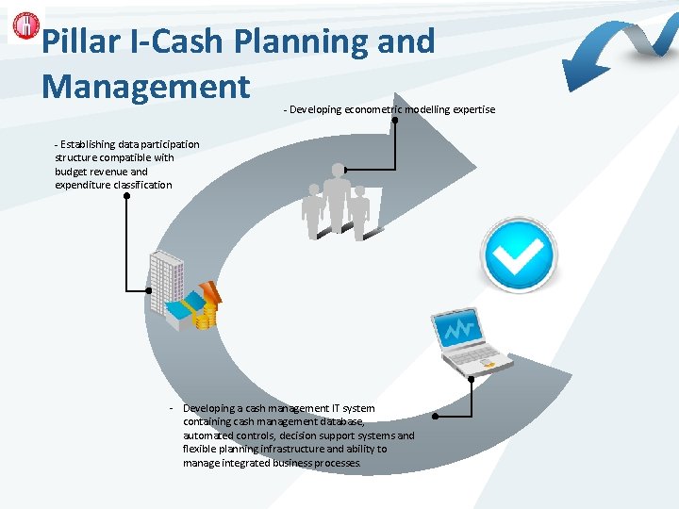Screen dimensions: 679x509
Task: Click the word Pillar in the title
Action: (x=80, y=41)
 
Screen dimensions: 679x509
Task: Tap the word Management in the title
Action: (x=146, y=86)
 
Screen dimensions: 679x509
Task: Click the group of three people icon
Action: (x=337, y=202)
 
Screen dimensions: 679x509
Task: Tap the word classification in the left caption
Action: (x=141, y=185)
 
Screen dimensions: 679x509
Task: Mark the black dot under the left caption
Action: (x=126, y=197)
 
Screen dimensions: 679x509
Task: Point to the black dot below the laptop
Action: (x=435, y=416)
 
